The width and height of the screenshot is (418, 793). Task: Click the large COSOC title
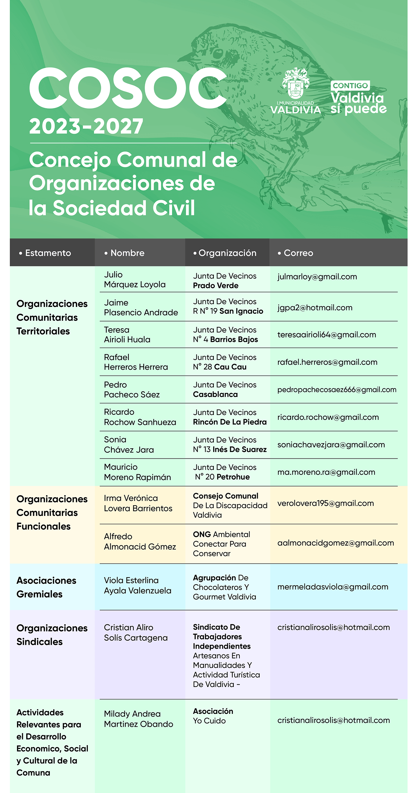click(x=128, y=88)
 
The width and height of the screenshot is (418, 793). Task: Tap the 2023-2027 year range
click(x=86, y=126)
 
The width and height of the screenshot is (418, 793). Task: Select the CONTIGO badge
click(x=350, y=86)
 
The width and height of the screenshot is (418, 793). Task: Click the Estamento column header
click(x=48, y=253)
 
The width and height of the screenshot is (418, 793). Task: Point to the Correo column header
click(x=298, y=253)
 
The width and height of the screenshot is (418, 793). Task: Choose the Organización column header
click(x=227, y=253)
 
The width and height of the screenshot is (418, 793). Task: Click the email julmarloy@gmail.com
click(x=317, y=277)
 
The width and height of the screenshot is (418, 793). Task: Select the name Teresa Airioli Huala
click(x=127, y=335)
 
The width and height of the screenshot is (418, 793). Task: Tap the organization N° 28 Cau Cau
click(x=220, y=367)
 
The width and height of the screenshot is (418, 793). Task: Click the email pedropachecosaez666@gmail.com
click(x=337, y=390)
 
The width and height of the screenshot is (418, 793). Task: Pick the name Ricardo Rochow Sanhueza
click(x=140, y=417)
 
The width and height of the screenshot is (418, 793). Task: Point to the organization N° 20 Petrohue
click(x=222, y=477)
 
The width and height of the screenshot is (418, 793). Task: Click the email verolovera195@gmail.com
click(x=325, y=503)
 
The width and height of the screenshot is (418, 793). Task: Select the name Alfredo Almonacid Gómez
click(x=140, y=542)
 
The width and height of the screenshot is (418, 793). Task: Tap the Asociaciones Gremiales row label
click(x=46, y=587)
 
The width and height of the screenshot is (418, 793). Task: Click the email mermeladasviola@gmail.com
click(x=333, y=587)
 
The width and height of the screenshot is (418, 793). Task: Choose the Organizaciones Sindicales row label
click(x=52, y=635)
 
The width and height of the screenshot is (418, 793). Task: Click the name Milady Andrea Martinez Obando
click(x=138, y=719)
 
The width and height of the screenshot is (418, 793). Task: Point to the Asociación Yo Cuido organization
click(x=213, y=716)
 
